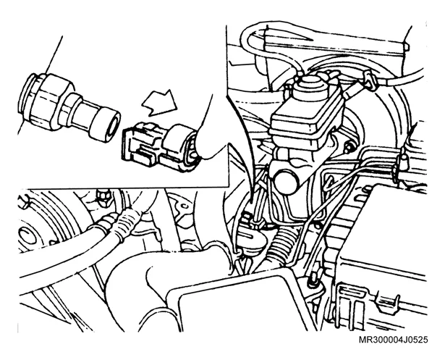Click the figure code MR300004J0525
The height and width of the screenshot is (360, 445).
point(393,340)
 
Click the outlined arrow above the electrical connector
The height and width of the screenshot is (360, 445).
point(160,103)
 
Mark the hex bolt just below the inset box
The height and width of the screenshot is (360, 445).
point(103,195)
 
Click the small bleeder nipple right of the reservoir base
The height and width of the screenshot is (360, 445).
point(349,146)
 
